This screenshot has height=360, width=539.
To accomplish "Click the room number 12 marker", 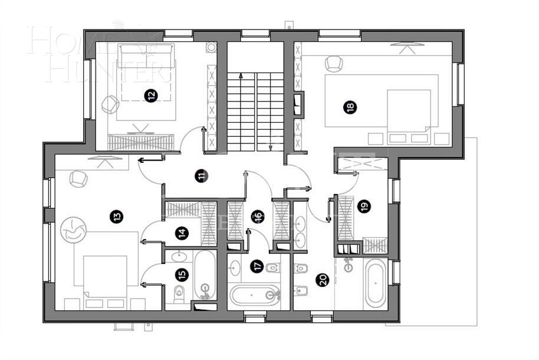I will click(152, 94).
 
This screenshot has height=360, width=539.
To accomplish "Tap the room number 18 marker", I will click(351, 107).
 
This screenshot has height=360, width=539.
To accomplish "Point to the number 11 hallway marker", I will click(202, 175).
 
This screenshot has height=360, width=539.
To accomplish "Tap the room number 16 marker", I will click(257, 217).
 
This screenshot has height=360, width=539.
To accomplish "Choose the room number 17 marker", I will click(257, 266).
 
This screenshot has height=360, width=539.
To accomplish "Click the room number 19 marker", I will click(364, 207).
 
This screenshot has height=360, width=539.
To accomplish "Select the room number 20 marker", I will click(322, 280).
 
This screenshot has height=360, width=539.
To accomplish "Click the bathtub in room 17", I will click(255, 294).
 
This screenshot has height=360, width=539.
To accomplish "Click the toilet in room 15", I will click(178, 293).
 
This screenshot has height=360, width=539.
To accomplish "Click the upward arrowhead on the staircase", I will click(241, 76).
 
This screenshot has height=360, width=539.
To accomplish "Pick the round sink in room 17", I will click(235, 267).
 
